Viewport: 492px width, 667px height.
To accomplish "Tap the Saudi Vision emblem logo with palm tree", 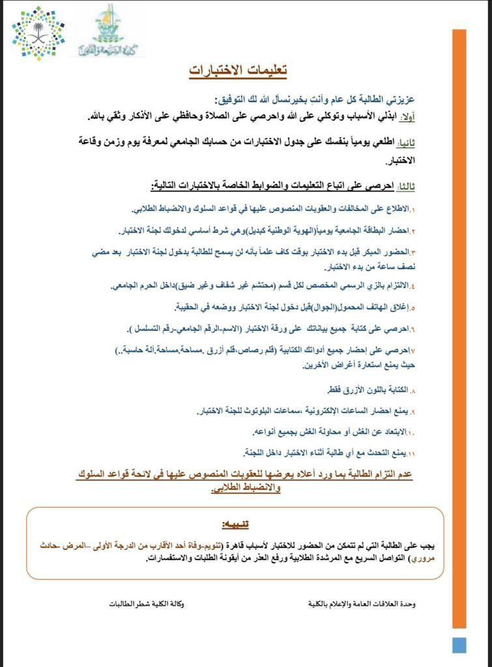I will pos(38,33).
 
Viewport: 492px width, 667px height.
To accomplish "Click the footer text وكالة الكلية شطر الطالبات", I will pos(146,604).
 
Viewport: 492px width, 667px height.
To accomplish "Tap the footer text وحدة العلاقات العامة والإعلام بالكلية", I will pos(362,604).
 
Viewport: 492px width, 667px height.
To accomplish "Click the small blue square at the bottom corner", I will pos(459,644).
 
